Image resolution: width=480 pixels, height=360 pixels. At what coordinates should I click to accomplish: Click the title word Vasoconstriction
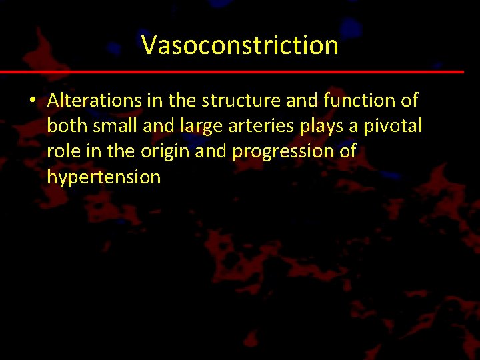pyautogui.click(x=240, y=45)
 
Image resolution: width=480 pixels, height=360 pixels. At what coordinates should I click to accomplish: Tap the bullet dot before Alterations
pyautogui.click(x=31, y=101)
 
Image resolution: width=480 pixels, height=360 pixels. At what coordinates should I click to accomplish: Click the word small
pyautogui.click(x=113, y=126)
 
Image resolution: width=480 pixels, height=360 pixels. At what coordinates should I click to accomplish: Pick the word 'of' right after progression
pyautogui.click(x=347, y=151)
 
